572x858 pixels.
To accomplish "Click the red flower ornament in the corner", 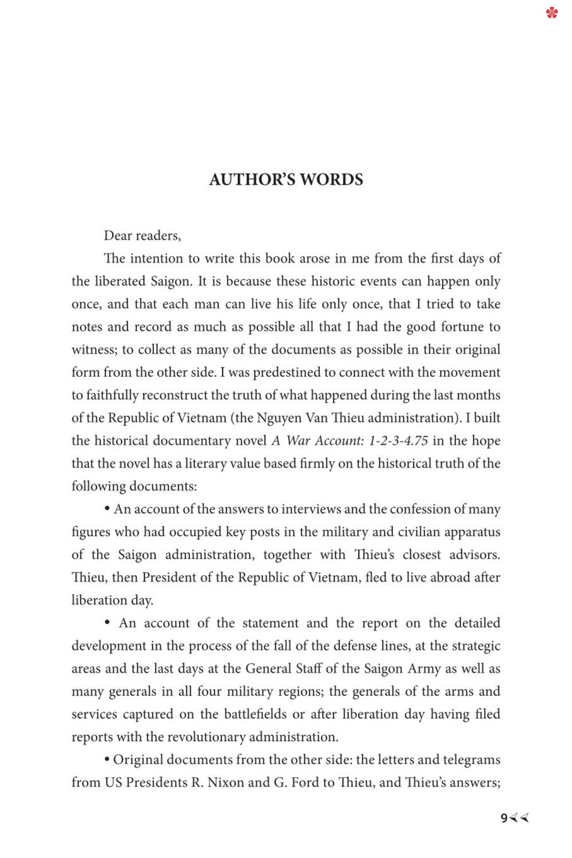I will [x=551, y=12].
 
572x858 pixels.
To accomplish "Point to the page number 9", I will [x=504, y=819].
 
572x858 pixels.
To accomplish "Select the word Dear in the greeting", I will [x=118, y=236].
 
